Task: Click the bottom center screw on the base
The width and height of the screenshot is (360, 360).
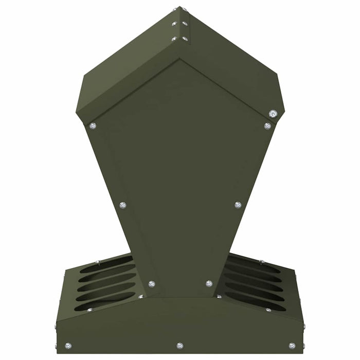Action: [179, 346]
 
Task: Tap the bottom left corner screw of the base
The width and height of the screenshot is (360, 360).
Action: [68, 346]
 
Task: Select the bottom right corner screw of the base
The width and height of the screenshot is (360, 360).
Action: [292, 346]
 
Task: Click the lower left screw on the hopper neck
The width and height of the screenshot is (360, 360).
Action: [151, 284]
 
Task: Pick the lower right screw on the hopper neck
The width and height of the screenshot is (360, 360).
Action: [209, 283]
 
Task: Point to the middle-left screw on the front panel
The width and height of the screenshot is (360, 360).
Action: [123, 205]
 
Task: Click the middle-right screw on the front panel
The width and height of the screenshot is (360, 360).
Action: [238, 205]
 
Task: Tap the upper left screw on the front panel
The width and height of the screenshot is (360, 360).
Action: [93, 125]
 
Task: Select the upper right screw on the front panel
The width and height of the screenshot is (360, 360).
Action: [267, 125]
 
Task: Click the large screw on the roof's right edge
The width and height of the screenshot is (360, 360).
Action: [273, 114]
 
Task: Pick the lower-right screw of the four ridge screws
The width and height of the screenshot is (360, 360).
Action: [185, 39]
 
